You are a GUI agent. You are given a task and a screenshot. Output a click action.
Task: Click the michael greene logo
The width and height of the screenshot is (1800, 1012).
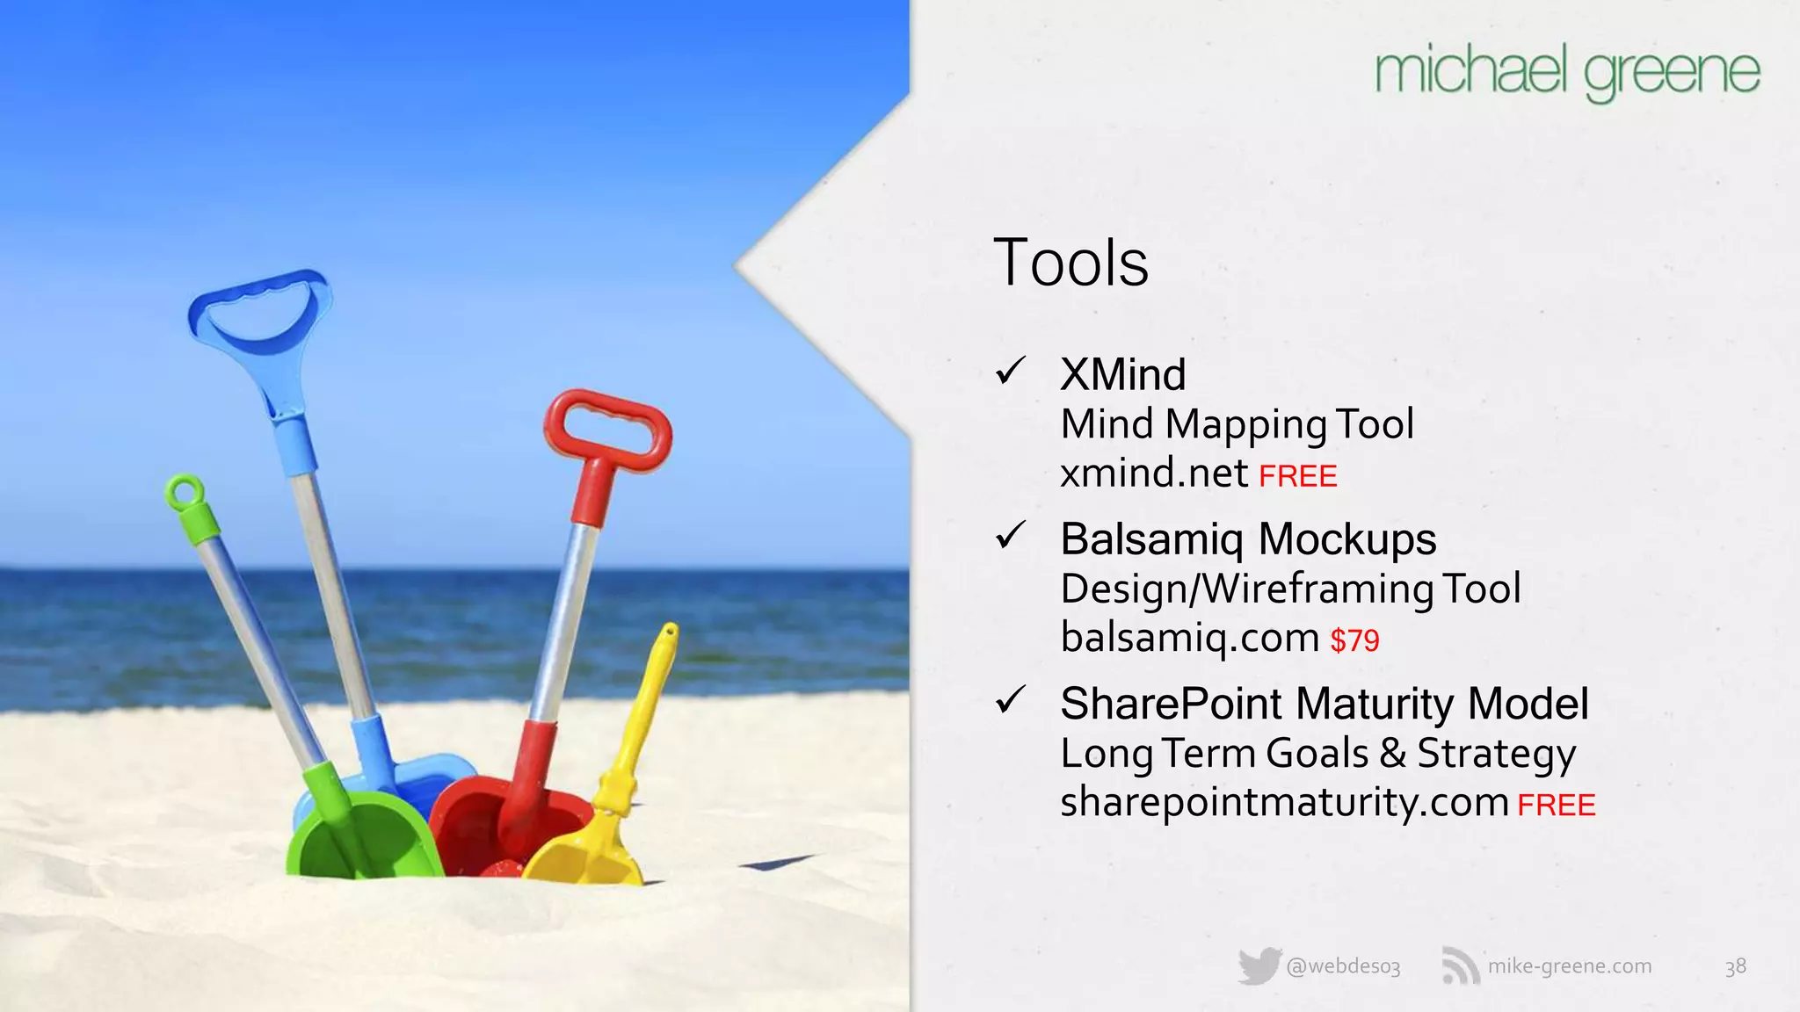(x=1567, y=74)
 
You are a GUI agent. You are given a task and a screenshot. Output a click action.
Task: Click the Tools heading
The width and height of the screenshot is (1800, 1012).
(x=1071, y=263)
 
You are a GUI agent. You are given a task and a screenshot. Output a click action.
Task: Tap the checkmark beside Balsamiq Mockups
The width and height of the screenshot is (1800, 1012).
(x=1011, y=535)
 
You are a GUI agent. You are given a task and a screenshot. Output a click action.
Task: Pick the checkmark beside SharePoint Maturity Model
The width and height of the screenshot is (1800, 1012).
(x=1011, y=699)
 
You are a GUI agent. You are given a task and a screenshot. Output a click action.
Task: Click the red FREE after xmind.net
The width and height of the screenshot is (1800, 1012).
(x=1297, y=476)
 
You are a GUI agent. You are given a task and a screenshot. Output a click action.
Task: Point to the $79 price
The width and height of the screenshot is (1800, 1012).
(x=1354, y=640)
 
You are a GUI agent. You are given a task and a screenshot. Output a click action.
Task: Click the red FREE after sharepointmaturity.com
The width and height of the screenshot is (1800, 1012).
(x=1556, y=805)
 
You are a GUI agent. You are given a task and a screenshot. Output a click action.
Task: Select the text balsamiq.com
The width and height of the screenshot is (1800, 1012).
(x=1190, y=638)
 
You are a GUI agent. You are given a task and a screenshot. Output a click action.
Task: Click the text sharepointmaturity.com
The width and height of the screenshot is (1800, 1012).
(x=1284, y=802)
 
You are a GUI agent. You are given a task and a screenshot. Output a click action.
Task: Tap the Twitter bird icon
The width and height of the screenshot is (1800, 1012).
(x=1259, y=966)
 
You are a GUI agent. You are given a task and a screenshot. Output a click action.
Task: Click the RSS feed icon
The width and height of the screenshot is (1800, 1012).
(x=1460, y=966)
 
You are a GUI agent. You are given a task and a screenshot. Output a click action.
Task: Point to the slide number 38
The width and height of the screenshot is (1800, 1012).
(x=1735, y=966)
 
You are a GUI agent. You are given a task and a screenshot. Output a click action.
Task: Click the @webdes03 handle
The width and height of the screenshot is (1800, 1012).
(x=1343, y=966)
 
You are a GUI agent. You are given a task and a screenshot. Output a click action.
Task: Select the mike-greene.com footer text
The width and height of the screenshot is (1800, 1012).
(x=1570, y=966)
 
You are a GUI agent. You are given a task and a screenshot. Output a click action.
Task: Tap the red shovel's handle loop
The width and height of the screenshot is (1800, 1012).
(x=607, y=425)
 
